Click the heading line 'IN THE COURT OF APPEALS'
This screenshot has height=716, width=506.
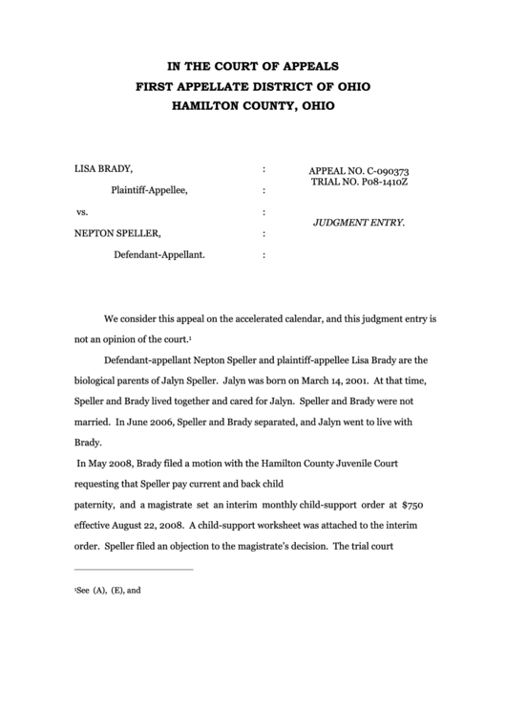coord(253,66)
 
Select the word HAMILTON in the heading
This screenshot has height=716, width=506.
coord(203,105)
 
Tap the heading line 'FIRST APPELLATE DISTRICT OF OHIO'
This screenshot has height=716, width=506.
coord(253,86)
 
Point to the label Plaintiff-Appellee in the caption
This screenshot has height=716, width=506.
coord(149,189)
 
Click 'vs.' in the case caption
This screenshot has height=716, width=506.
coord(81,211)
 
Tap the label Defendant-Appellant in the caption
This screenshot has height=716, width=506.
coord(158,255)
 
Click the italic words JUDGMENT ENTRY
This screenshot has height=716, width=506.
coord(359,222)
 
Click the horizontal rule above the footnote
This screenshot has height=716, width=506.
coord(133,571)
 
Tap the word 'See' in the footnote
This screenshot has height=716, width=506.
coord(82,591)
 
